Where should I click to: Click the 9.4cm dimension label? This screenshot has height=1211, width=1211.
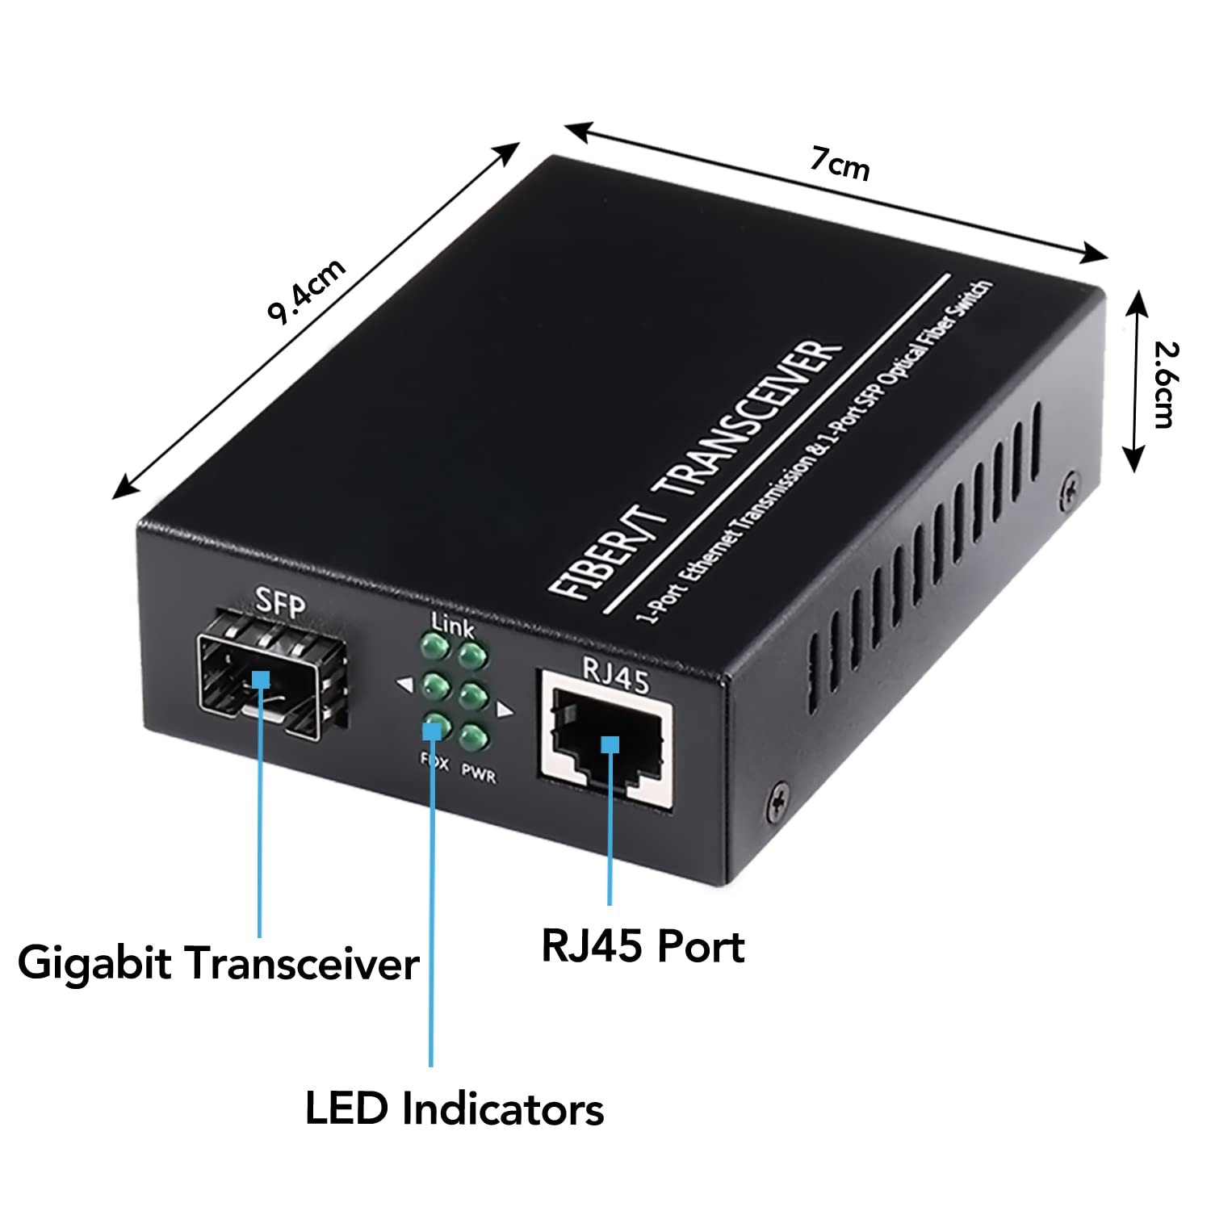tap(307, 291)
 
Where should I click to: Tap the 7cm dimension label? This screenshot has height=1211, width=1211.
tap(840, 164)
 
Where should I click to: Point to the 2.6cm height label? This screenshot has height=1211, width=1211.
tap(1165, 384)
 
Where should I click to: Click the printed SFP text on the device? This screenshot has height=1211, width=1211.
tap(280, 601)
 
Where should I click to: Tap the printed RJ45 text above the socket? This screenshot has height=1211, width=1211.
tap(615, 675)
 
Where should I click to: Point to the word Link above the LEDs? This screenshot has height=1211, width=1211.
tap(452, 624)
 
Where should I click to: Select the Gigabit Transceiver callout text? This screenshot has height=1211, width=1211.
tap(218, 963)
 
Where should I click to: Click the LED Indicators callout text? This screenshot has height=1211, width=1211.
tap(455, 1108)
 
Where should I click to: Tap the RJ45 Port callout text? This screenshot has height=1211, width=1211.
tap(643, 946)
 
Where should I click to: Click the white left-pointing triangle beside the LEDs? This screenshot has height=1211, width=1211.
tap(404, 685)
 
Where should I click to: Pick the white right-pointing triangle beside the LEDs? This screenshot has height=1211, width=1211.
tap(505, 710)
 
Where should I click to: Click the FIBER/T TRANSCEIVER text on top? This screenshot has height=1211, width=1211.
tap(694, 468)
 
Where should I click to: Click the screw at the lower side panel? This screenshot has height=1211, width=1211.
tap(778, 798)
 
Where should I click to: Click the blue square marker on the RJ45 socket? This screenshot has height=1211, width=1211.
tap(610, 744)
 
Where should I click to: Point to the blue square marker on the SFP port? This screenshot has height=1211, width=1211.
tap(260, 679)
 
